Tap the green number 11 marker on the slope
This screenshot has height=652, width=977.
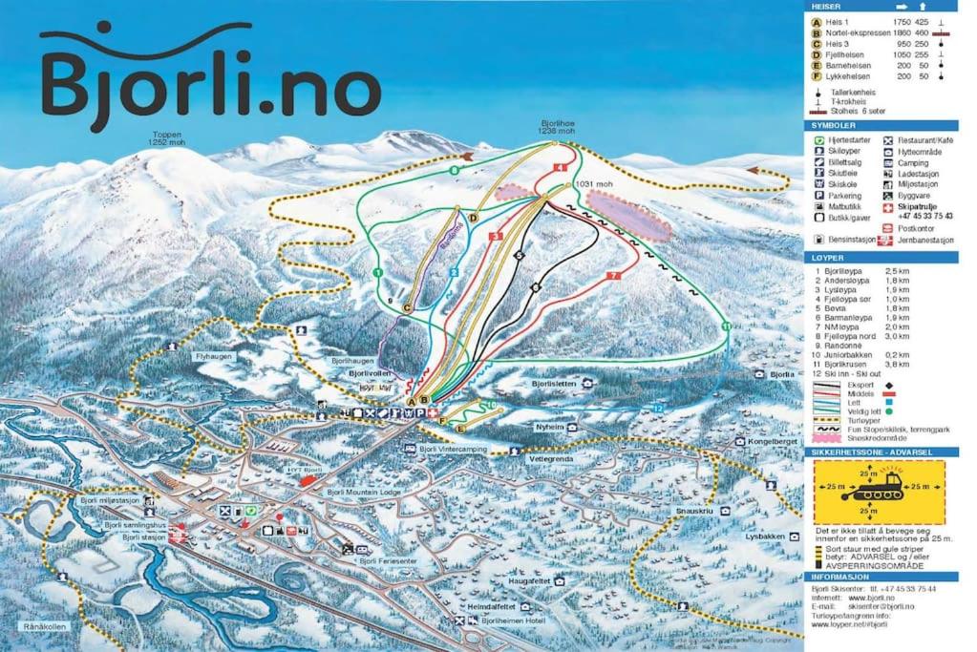(x=726, y=326)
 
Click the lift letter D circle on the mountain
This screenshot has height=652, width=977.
(x=473, y=218)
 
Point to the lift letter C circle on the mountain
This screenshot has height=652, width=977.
(x=407, y=307)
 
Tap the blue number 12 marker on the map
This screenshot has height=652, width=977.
(x=657, y=409)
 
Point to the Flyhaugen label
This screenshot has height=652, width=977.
(x=213, y=356)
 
